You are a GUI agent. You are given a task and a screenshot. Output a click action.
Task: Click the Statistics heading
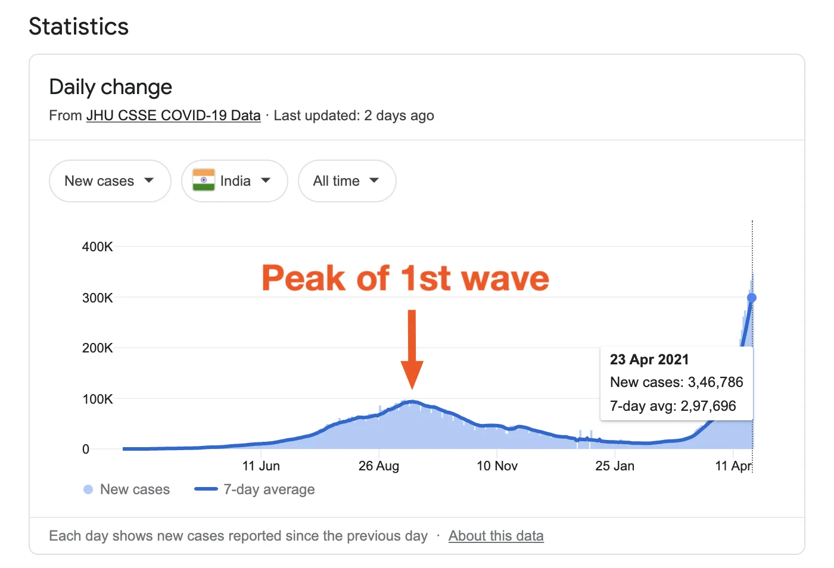pos(79,27)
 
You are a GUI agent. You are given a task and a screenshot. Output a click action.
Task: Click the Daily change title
pos(111,87)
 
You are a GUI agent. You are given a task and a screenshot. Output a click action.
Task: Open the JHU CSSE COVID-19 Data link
pos(173,116)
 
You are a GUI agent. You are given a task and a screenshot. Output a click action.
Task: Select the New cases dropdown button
pos(110,181)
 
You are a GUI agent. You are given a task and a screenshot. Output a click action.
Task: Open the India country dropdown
pos(235,181)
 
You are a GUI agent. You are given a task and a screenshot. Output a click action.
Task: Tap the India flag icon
pos(204,180)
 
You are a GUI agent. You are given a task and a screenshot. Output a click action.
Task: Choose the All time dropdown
pos(347,181)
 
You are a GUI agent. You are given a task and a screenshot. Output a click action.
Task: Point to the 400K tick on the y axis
pos(98,246)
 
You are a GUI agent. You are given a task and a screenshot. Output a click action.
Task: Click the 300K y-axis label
pos(98,298)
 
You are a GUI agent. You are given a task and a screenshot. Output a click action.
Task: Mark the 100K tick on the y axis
pos(98,399)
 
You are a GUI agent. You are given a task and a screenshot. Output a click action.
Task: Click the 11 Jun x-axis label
pos(261,466)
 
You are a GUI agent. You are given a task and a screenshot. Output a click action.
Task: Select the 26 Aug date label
pos(379,466)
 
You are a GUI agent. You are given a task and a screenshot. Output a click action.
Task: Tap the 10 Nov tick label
pos(497,466)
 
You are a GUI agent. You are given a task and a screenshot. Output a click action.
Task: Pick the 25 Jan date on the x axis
pos(615,466)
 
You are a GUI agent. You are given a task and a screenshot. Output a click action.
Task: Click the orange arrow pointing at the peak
pos(412,351)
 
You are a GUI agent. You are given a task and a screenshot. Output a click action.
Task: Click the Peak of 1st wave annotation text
pos(405,279)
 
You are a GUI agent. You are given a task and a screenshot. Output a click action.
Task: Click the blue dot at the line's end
pos(752,298)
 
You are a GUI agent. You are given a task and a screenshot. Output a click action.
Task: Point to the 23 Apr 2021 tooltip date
pos(649,360)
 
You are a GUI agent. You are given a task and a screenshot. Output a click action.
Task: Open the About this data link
pos(496,536)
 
